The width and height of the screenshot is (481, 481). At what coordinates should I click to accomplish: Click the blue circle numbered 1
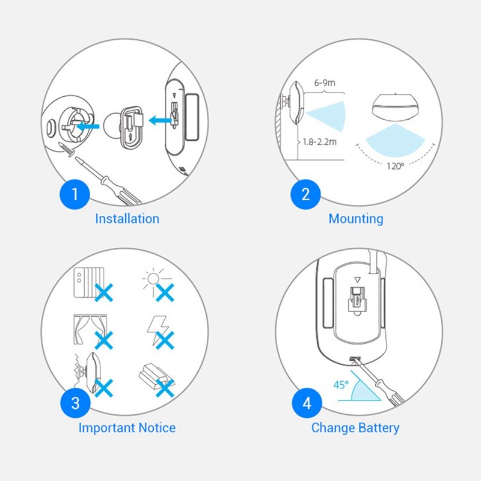75,194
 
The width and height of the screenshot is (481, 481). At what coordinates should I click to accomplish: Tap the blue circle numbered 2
305,194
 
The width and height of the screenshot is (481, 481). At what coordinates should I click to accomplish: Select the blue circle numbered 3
75,403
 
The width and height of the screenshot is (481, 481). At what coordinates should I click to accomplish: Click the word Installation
127,219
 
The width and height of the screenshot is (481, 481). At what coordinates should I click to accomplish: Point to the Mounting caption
355,219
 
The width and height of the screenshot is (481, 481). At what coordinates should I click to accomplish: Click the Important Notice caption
127,428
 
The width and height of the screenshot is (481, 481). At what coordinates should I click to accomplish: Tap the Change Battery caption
355,428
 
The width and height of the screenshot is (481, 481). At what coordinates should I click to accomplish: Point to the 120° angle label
395,167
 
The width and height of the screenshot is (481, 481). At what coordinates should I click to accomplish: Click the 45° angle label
341,384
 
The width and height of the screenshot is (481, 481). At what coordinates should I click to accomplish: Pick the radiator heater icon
86,282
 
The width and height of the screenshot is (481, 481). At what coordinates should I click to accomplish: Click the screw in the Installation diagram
72,150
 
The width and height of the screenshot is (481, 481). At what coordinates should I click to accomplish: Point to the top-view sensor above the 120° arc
395,107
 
